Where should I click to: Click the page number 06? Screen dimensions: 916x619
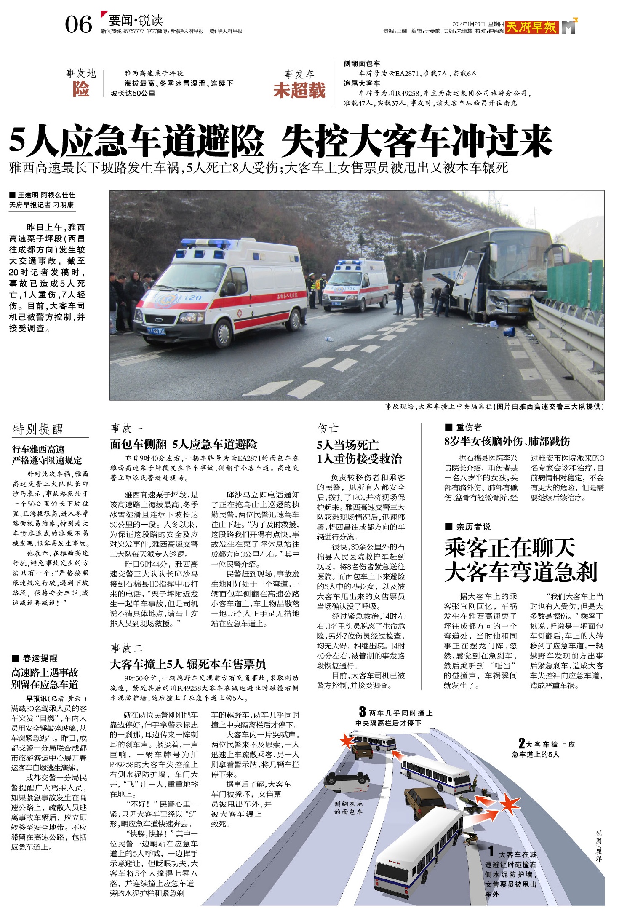pyautogui.click(x=78, y=24)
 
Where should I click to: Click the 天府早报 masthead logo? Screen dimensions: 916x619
pyautogui.click(x=531, y=27)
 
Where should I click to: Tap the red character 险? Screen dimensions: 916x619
pyautogui.click(x=81, y=89)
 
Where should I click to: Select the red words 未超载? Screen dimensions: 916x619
pyautogui.click(x=299, y=90)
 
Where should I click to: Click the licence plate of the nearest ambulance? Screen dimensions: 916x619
pyautogui.click(x=156, y=331)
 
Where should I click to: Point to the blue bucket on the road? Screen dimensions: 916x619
pyautogui.click(x=509, y=331)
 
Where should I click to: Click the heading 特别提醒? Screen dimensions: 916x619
pyautogui.click(x=38, y=429)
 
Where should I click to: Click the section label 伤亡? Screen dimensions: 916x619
pyautogui.click(x=328, y=429)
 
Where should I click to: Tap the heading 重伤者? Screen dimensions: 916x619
pyautogui.click(x=469, y=427)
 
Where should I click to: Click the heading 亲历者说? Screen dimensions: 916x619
pyautogui.click(x=473, y=527)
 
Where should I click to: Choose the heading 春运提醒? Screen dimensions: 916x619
pyautogui.click(x=40, y=658)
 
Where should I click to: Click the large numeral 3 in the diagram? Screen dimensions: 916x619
pyautogui.click(x=362, y=712)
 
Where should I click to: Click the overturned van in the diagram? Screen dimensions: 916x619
pyautogui.click(x=347, y=782)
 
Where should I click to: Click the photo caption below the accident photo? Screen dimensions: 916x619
pyautogui.click(x=494, y=407)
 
